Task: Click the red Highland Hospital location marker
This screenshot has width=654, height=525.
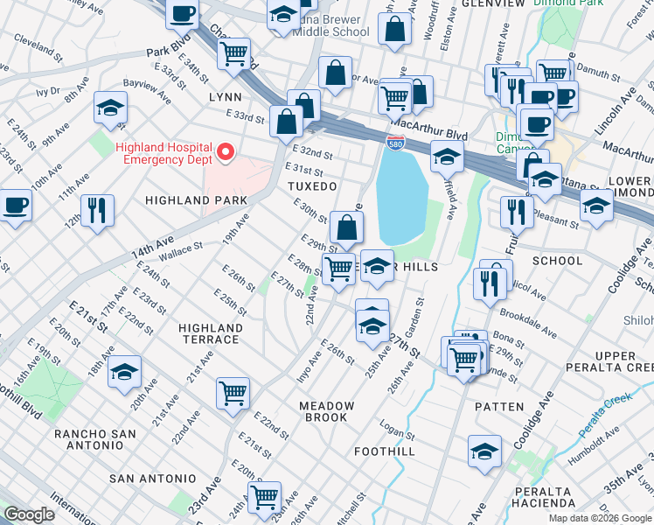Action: pos(225,153)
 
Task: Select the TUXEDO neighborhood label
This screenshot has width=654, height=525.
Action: pos(312,187)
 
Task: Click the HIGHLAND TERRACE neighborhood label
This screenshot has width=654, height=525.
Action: pos(209,333)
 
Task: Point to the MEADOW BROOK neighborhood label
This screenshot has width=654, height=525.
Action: pos(327,411)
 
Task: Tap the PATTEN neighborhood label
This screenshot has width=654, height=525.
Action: pos(498,407)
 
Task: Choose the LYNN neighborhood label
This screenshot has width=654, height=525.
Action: pos(225,98)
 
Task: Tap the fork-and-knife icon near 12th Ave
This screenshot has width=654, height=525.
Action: pos(97,210)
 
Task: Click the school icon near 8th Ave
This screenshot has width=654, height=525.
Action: pos(110,107)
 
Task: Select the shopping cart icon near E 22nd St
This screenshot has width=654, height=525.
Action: pos(233,394)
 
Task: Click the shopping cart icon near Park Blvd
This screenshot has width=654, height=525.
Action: pos(233,53)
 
